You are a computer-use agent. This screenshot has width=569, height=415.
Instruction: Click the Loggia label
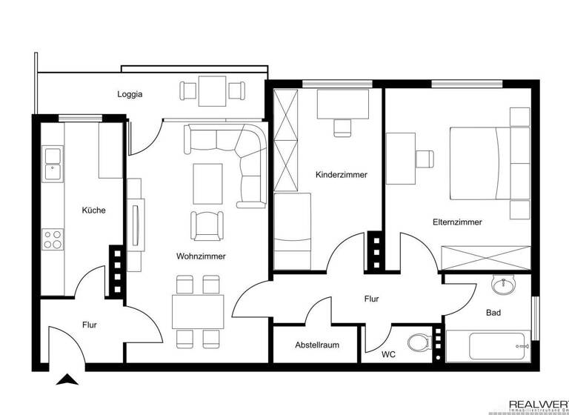click(130, 95)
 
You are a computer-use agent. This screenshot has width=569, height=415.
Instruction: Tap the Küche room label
click(93, 210)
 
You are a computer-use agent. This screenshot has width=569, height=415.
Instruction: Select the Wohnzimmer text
click(201, 256)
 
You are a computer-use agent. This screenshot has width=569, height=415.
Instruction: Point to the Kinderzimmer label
click(342, 175)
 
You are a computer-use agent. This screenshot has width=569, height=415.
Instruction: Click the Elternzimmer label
click(458, 222)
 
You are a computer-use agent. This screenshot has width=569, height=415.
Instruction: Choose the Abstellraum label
click(316, 345)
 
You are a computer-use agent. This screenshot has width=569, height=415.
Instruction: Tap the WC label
click(389, 355)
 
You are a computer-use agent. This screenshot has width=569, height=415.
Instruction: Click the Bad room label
click(493, 313)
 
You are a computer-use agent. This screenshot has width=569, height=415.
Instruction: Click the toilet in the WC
click(420, 344)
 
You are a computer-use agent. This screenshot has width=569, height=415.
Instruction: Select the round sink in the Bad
click(506, 285)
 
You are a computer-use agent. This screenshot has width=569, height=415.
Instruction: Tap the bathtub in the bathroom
click(489, 346)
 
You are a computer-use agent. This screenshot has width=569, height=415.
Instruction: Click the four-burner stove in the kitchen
click(53, 239)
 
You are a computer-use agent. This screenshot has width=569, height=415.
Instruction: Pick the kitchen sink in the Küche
click(53, 164)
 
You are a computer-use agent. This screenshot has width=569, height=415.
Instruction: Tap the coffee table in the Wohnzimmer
click(207, 183)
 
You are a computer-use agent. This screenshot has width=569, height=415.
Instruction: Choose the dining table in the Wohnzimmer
click(197, 311)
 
